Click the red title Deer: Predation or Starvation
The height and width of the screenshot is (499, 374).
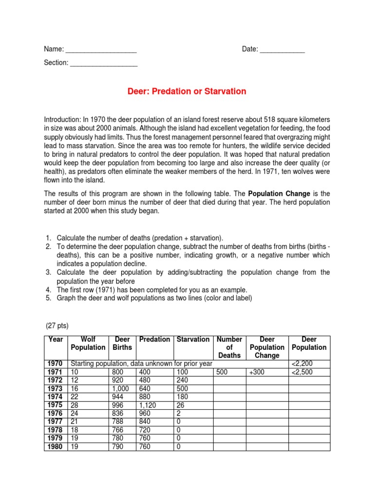tap(187, 91)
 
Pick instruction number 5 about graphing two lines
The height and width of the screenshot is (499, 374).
tap(154, 298)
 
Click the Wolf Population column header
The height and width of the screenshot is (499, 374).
tap(88, 344)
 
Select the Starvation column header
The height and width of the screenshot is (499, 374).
tap(193, 339)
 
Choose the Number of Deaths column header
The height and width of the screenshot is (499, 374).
tap(229, 347)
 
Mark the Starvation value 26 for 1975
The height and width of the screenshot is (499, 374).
tap(181, 405)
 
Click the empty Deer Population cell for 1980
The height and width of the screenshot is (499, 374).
tap(309, 446)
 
